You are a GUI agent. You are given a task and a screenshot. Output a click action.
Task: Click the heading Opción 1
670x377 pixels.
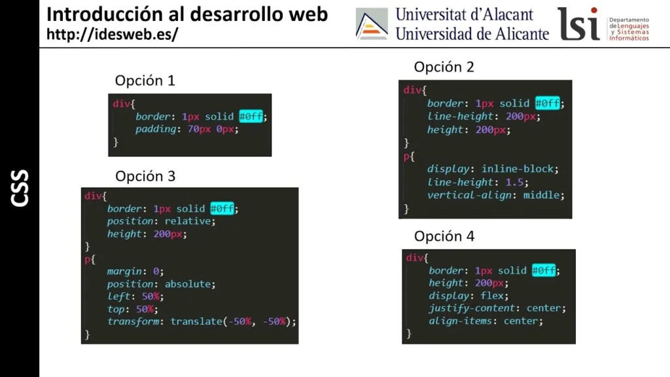pyautogui.click(x=145, y=81)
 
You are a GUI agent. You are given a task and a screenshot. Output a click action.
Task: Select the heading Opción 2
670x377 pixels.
pyautogui.click(x=444, y=67)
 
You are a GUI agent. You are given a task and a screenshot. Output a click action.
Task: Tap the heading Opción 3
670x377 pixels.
pyautogui.click(x=145, y=176)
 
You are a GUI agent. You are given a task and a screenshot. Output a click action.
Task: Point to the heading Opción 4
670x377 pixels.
pyautogui.click(x=444, y=236)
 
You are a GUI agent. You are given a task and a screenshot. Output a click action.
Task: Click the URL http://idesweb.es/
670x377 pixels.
pyautogui.click(x=113, y=34)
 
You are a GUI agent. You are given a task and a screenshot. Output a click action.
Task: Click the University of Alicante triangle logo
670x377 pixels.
pyautogui.click(x=372, y=24)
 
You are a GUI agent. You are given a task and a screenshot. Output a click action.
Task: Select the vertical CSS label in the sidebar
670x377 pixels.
pyautogui.click(x=20, y=188)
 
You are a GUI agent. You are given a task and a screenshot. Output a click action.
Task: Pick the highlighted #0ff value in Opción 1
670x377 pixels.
pyautogui.click(x=251, y=117)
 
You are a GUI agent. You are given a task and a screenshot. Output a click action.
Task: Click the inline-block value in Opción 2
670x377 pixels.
pyautogui.click(x=518, y=169)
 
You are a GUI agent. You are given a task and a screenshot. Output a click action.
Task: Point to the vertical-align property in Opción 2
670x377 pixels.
pyautogui.click(x=469, y=195)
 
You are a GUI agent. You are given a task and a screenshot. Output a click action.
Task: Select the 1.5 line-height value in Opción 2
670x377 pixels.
pyautogui.click(x=514, y=182)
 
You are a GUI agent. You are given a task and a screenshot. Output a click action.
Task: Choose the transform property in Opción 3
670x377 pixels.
pyautogui.click(x=133, y=321)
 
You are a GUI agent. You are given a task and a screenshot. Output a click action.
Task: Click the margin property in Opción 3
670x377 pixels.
pyautogui.click(x=124, y=272)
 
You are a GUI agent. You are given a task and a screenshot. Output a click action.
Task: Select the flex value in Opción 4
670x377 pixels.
pyautogui.click(x=492, y=295)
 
